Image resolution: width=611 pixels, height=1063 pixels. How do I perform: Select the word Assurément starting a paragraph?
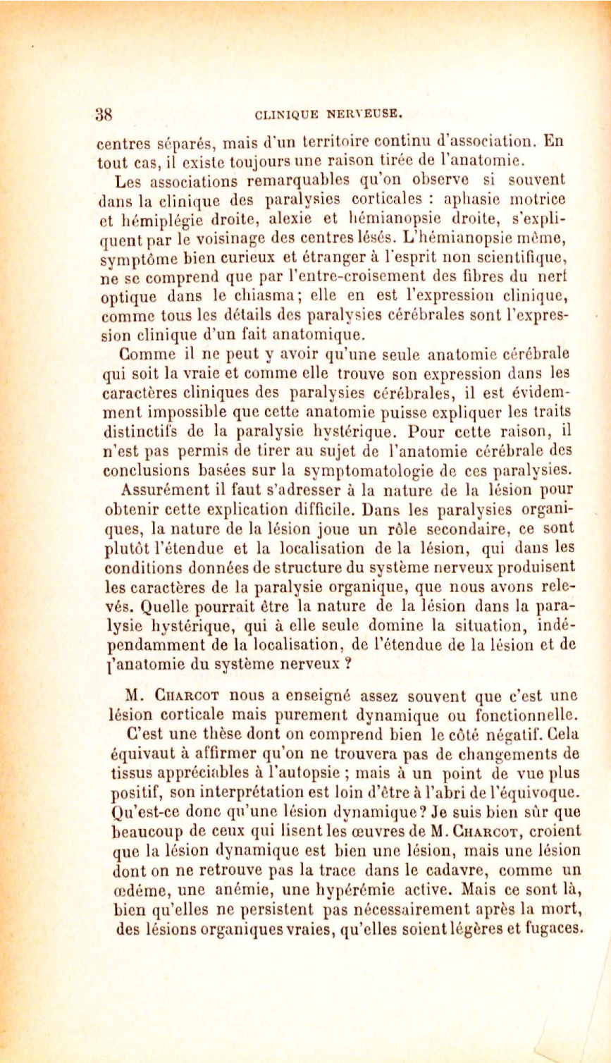pos(163,489)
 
